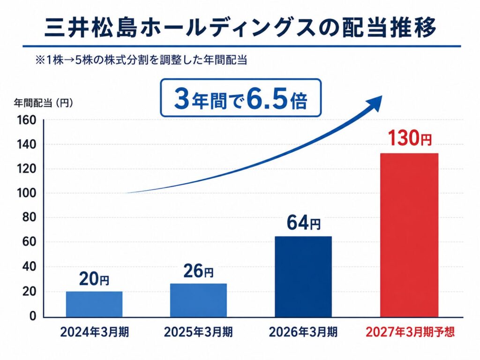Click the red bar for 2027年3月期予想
409,235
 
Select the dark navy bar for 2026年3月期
303,277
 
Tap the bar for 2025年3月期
198,300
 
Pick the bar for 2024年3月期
94,304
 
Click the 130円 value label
410,138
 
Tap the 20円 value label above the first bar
94,279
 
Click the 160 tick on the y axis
26,120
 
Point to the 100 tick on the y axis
26,193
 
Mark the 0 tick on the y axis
33,316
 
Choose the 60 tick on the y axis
30,242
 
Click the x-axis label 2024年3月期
94,332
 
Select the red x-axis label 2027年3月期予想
410,332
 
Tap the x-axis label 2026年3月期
303,332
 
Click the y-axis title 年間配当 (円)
44,103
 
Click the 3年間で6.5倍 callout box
241,97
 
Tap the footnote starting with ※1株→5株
142,60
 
